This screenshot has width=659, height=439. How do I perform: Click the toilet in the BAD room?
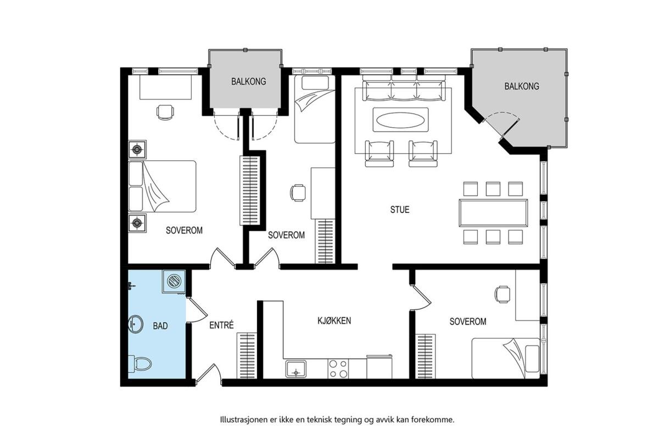tap(140, 364)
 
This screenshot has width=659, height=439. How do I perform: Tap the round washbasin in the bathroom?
tap(136, 324)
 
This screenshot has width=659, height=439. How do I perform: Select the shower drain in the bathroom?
tap(174, 281)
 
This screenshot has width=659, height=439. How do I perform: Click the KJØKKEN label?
tap(334, 320)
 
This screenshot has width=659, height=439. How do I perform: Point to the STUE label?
tap(400, 210)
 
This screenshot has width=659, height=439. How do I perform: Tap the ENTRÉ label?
tap(221, 325)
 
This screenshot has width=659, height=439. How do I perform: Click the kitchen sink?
tap(296, 369)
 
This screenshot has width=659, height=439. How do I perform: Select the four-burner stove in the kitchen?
tap(338, 369)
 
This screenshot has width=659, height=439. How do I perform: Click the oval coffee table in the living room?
tap(401, 120)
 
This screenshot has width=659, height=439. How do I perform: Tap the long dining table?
tap(493, 213)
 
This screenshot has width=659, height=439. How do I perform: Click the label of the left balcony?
tap(249, 81)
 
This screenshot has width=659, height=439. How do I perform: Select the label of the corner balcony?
tap(522, 86)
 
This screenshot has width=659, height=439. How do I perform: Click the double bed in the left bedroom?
tap(163, 186)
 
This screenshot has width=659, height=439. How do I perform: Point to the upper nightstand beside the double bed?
tap(137, 150)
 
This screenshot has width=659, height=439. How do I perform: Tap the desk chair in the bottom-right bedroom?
tap(502, 294)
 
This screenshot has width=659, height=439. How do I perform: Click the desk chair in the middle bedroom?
tap(298, 193)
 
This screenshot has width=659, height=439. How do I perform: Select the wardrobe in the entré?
tap(247, 356)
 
